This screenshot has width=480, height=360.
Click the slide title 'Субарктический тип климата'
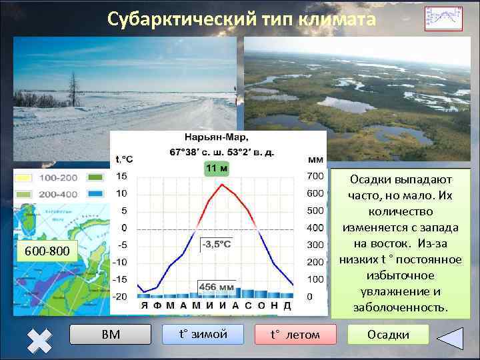click(241, 19)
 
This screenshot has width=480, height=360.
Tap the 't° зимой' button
click(203, 334)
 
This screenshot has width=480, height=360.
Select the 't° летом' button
click(295, 334)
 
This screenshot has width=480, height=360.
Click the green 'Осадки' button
click(388, 334)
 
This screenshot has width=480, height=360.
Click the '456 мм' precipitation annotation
click(215, 285)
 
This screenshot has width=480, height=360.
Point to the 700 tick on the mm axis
click(315, 176)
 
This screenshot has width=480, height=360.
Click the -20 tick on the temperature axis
click(120, 296)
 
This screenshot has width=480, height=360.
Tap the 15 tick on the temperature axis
click(121, 176)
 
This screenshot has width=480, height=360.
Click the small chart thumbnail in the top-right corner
click(443, 19)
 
